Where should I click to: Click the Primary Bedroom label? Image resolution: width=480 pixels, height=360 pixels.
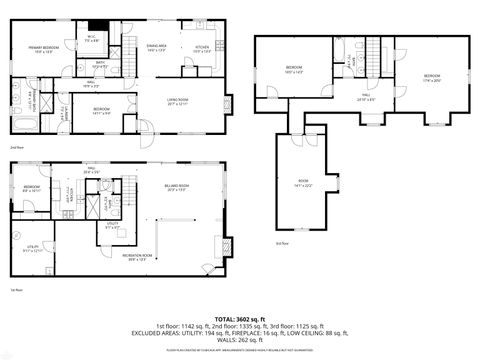[43, 48]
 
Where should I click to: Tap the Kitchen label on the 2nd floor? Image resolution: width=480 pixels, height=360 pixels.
[202, 49]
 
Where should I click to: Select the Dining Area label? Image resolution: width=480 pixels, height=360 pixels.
[156, 48]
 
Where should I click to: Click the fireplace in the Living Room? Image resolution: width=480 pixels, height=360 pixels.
[229, 102]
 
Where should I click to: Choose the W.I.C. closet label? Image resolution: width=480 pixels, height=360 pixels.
[90, 40]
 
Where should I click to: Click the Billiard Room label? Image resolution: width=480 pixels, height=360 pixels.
[178, 188]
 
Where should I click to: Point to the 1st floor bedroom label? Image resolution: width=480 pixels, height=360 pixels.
[32, 187]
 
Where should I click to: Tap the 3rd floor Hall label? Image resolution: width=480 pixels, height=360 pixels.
[366, 98]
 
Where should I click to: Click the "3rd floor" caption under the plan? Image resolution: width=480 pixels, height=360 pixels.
[280, 241]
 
